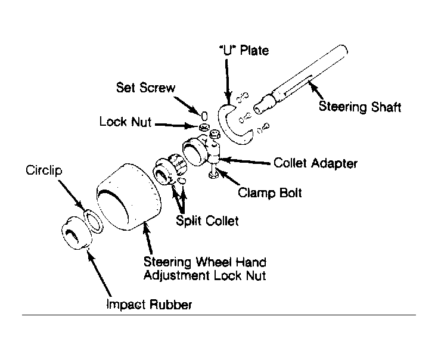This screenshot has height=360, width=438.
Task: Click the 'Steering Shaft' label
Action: [x=360, y=107]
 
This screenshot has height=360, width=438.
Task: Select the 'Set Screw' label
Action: [x=145, y=88]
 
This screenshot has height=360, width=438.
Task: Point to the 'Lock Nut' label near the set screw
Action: [x=125, y=123]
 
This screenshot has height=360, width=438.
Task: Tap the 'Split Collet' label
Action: [x=207, y=221]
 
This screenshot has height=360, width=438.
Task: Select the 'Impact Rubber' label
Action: [x=149, y=305]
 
